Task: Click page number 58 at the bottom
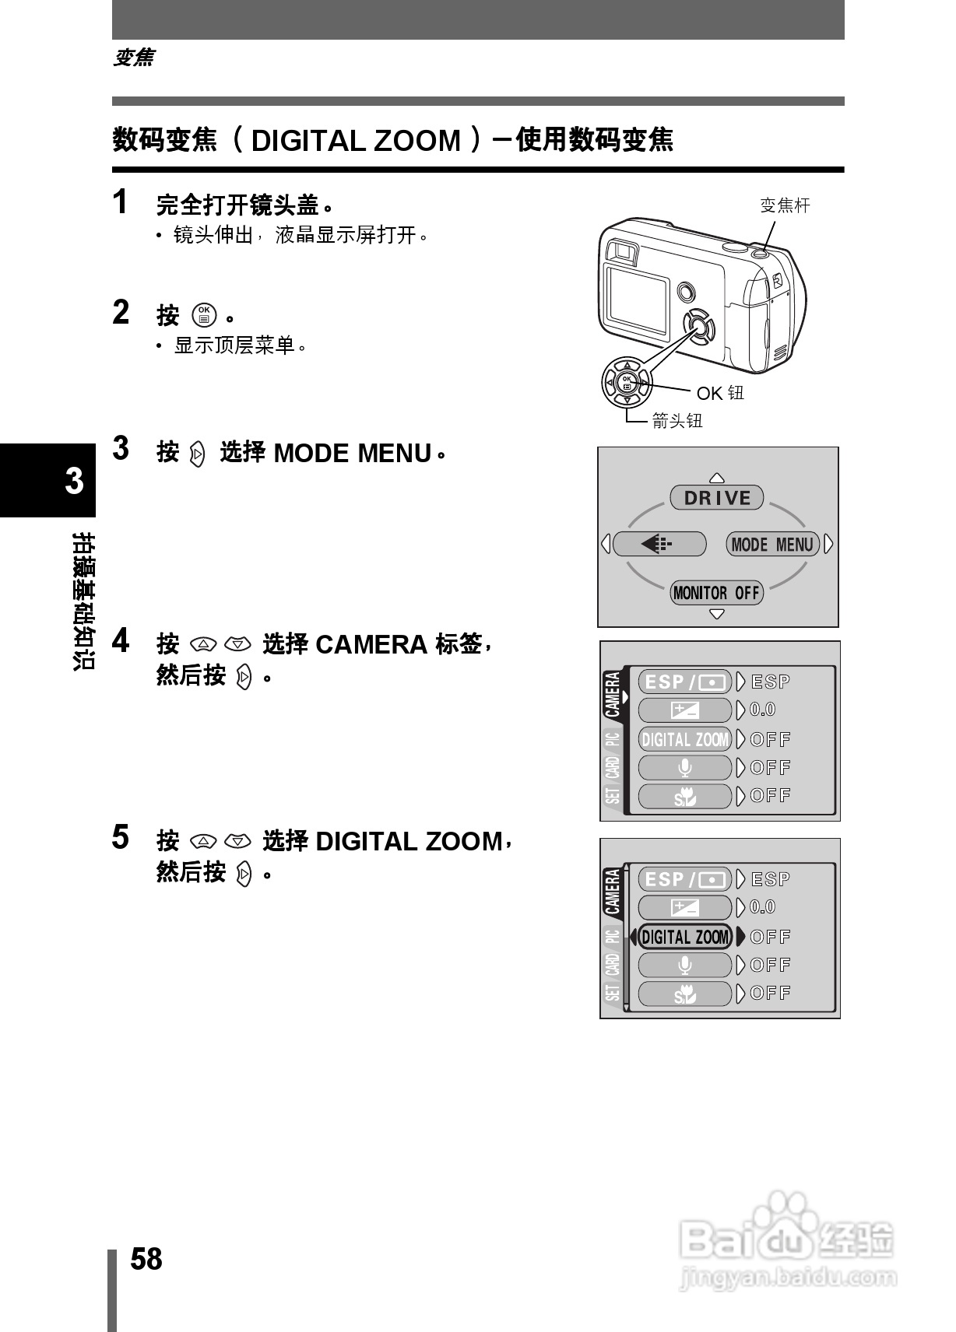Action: (146, 1258)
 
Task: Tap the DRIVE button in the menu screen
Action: (717, 498)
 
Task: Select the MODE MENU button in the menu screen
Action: (772, 544)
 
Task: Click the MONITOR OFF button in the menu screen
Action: (716, 593)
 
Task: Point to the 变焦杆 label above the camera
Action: (785, 205)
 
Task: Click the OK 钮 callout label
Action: (720, 393)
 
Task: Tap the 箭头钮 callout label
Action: (677, 421)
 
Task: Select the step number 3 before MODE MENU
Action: (121, 449)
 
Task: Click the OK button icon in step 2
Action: (204, 314)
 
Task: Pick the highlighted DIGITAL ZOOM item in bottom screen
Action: (685, 937)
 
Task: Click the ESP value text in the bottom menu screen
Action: (771, 879)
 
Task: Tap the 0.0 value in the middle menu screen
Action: (763, 710)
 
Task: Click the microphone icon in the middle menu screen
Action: (685, 768)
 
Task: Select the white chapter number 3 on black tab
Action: (74, 481)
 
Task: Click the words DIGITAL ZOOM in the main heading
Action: (357, 141)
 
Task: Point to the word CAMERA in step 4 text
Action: (371, 645)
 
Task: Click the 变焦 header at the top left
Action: (134, 58)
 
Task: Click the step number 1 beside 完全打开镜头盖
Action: (120, 202)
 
